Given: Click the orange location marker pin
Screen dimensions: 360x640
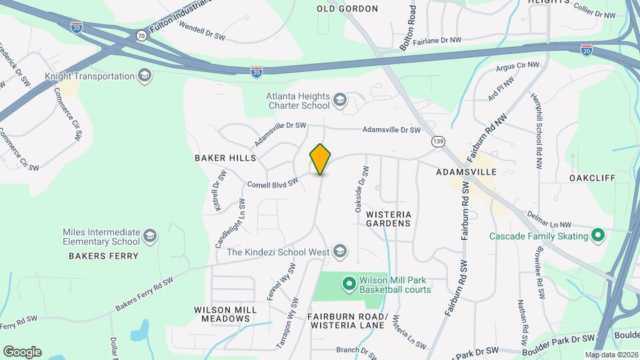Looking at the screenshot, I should pos(321,159).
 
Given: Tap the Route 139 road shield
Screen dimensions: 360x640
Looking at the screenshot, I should pos(438,141).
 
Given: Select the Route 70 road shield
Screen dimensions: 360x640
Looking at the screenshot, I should pos(141,35).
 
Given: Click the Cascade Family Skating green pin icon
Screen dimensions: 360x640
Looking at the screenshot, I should pos(598,235).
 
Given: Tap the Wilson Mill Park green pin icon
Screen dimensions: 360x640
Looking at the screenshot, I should pos(348,284).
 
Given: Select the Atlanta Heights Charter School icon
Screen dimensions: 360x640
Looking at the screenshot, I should pos(340,101).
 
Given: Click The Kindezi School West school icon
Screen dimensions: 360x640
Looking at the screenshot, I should pos(340,251).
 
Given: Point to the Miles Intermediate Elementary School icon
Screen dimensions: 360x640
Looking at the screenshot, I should pos(151,236).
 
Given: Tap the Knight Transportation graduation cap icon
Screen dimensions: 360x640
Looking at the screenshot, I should pos(145,75).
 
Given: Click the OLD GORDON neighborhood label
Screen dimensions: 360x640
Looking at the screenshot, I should pos(347,9).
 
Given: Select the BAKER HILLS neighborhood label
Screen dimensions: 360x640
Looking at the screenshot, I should pos(225,158).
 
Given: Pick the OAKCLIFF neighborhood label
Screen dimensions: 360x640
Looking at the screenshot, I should pos(591,178).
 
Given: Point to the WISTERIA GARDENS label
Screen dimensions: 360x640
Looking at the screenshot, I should pos(389,219).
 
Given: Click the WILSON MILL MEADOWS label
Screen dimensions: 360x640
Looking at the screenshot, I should pos(222,314).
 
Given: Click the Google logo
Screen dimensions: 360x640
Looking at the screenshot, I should pos(22,351).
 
